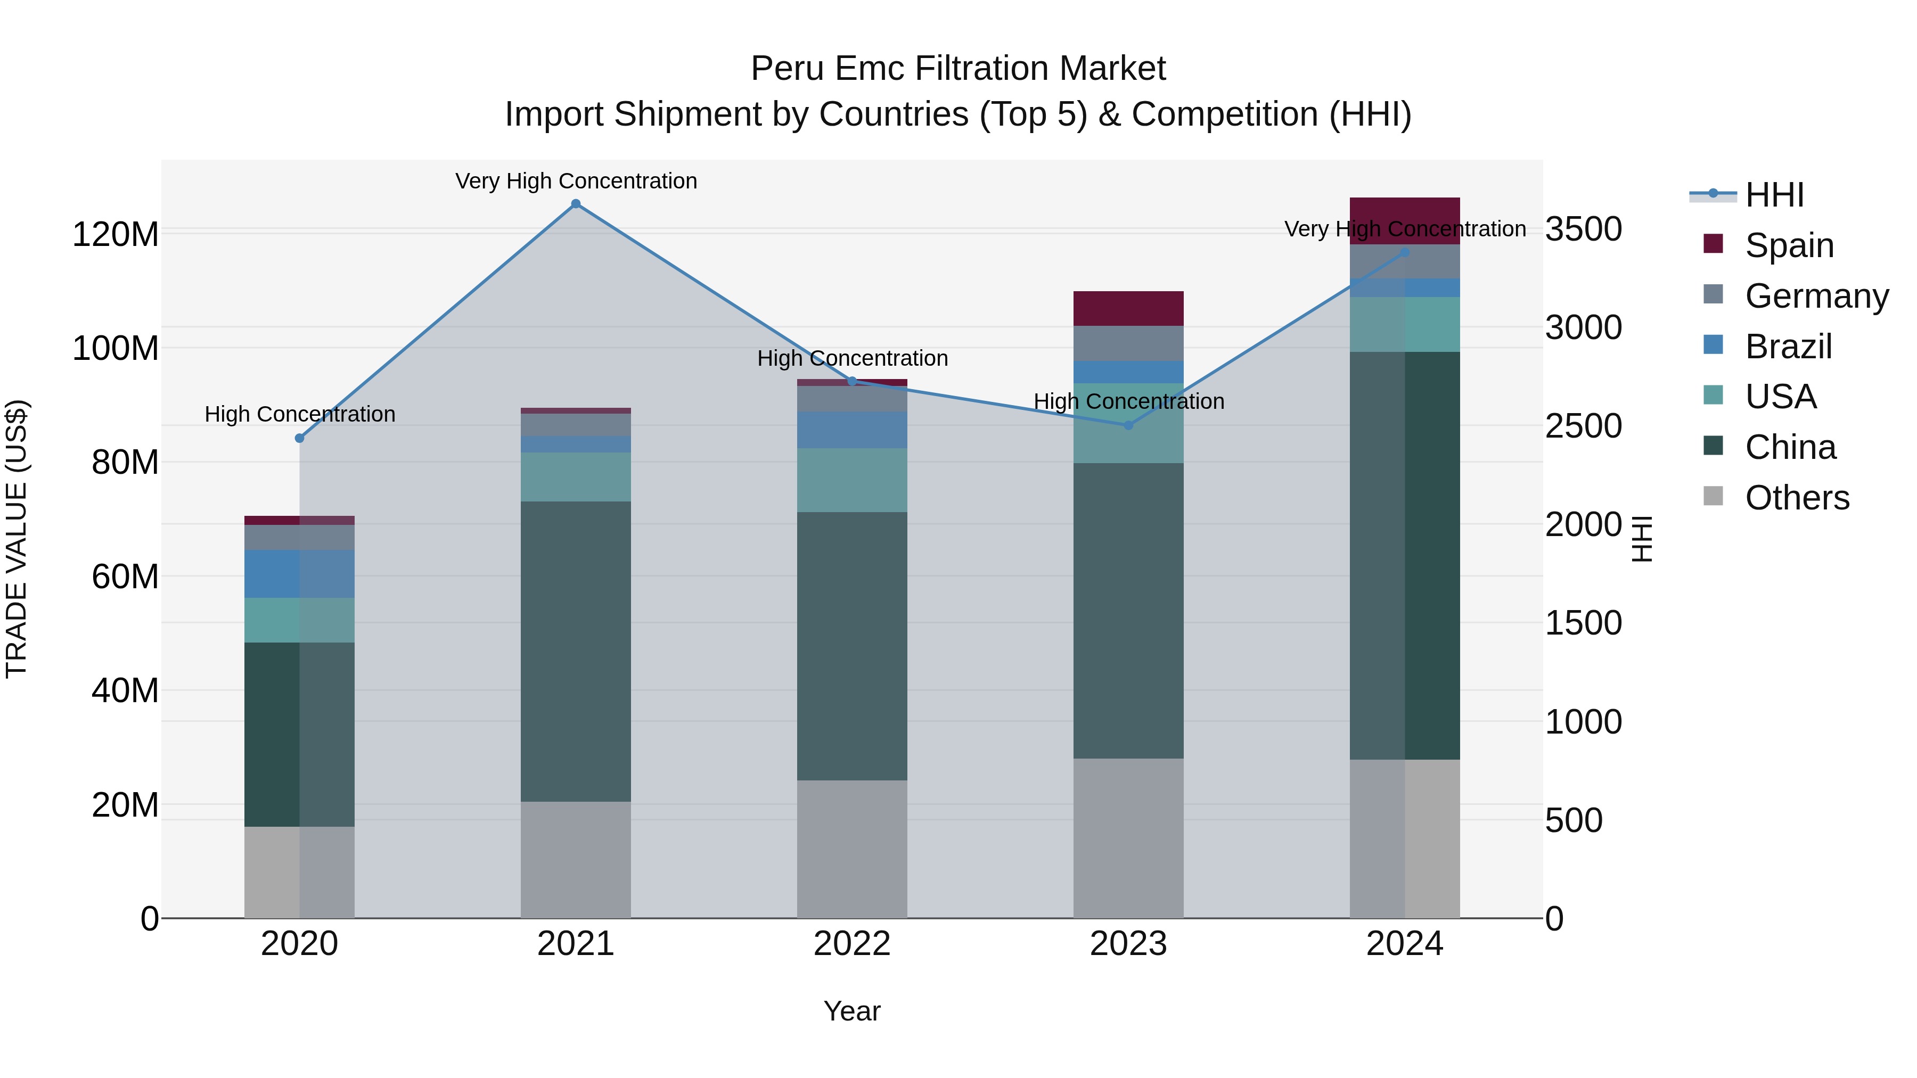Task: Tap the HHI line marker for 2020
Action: coord(299,438)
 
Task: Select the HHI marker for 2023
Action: coord(1128,425)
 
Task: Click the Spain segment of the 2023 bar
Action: coord(1128,308)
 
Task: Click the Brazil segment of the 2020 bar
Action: coord(299,573)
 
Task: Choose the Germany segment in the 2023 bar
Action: coord(1128,343)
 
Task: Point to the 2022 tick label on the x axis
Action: coord(852,944)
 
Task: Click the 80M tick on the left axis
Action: coord(125,462)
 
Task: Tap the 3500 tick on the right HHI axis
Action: coord(1583,228)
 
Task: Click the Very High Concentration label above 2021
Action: coord(576,181)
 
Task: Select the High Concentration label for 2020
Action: coord(300,414)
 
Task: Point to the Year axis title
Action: coord(852,1011)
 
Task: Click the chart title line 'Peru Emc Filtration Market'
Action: coord(958,69)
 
